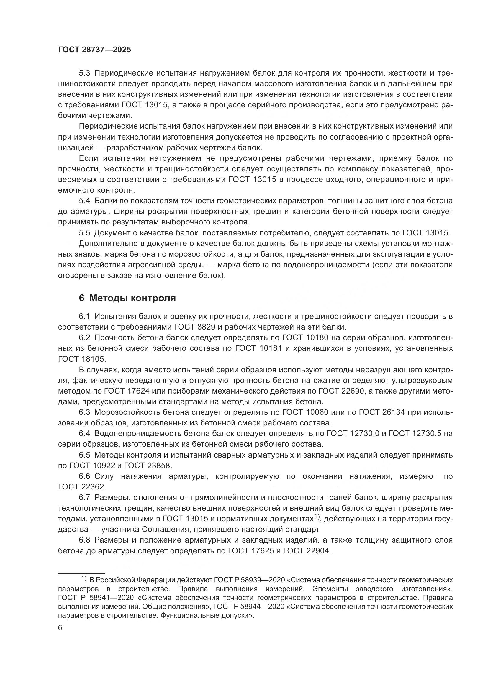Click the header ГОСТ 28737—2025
click(x=94, y=50)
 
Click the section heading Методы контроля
click(x=132, y=298)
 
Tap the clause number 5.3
click(x=84, y=73)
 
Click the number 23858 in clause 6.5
click(x=160, y=466)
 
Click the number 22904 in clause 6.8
click(x=318, y=550)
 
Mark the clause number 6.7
click(x=84, y=497)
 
